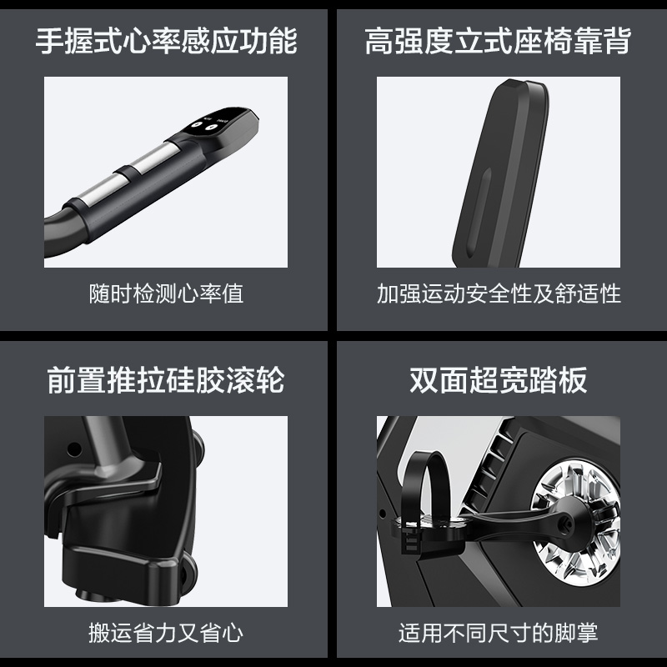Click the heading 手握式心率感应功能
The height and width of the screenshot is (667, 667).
[x=166, y=41]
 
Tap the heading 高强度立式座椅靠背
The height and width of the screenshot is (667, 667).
[x=498, y=41]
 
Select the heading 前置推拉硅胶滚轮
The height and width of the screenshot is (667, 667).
[x=166, y=380]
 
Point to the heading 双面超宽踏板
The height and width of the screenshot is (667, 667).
[x=498, y=380]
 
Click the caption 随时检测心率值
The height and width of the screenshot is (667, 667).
[x=166, y=294]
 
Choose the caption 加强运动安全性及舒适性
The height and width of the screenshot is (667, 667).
[x=499, y=294]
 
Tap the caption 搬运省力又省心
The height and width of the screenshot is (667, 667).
[x=166, y=633]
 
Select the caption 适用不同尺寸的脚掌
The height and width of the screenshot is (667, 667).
[x=498, y=633]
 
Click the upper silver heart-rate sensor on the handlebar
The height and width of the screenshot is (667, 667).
[x=154, y=158]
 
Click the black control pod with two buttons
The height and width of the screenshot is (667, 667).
[x=217, y=128]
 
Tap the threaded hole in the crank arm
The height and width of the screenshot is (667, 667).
[x=566, y=520]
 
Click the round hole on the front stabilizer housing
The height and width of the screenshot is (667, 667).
[x=74, y=449]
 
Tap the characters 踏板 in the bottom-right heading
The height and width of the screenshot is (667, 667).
[x=558, y=380]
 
